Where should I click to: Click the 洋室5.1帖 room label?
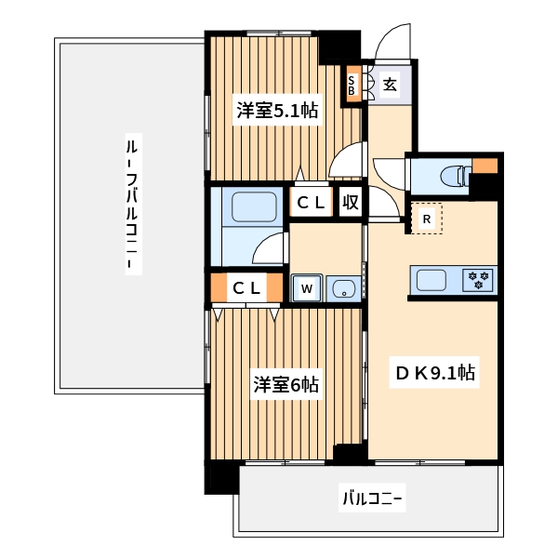tap(277, 111)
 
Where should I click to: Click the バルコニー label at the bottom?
tap(372, 499)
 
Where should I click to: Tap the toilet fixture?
tap(448, 176)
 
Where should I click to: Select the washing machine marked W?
tap(306, 288)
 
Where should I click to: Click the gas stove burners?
tap(480, 279)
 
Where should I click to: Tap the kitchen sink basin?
tap(434, 279)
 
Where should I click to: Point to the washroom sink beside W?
tap(343, 288)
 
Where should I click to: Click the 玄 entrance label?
tap(391, 86)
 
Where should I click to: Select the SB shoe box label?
tap(352, 86)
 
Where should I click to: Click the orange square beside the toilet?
tap(485, 167)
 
